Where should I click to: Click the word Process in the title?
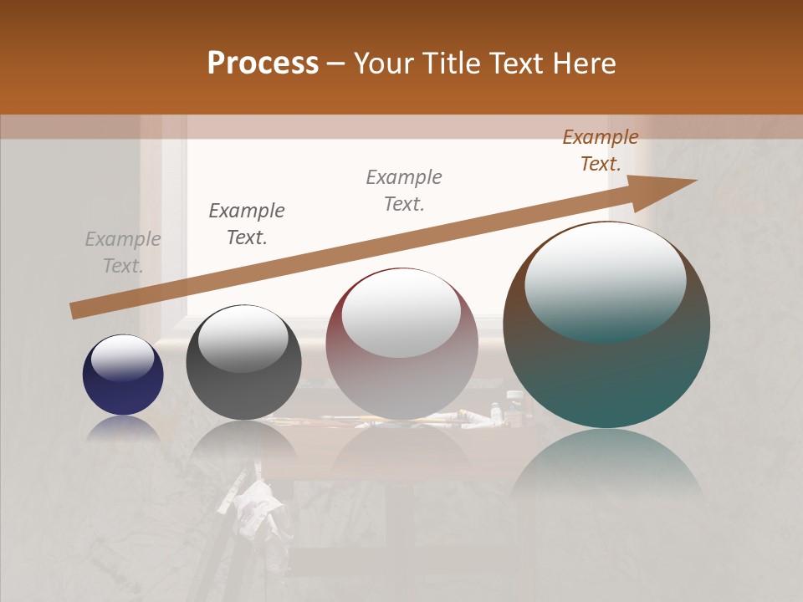[x=263, y=64]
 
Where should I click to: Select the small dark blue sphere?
[x=123, y=375]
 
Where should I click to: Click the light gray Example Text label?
[x=123, y=253]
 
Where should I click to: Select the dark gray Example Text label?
[x=247, y=224]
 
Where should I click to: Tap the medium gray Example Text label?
[x=404, y=191]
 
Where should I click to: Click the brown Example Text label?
[x=601, y=150]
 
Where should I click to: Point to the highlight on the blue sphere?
[x=123, y=357]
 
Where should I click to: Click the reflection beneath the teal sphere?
[x=606, y=464]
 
